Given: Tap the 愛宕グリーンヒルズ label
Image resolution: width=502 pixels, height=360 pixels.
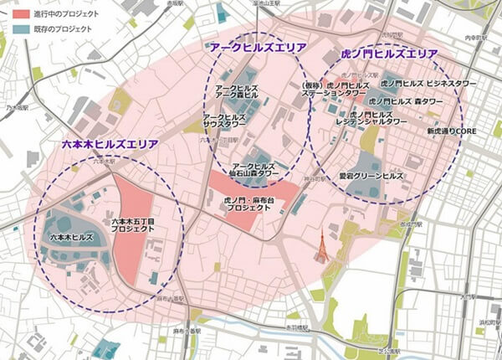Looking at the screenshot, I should pos(371,177).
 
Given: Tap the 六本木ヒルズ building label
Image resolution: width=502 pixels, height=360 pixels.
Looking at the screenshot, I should pos(69,238).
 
